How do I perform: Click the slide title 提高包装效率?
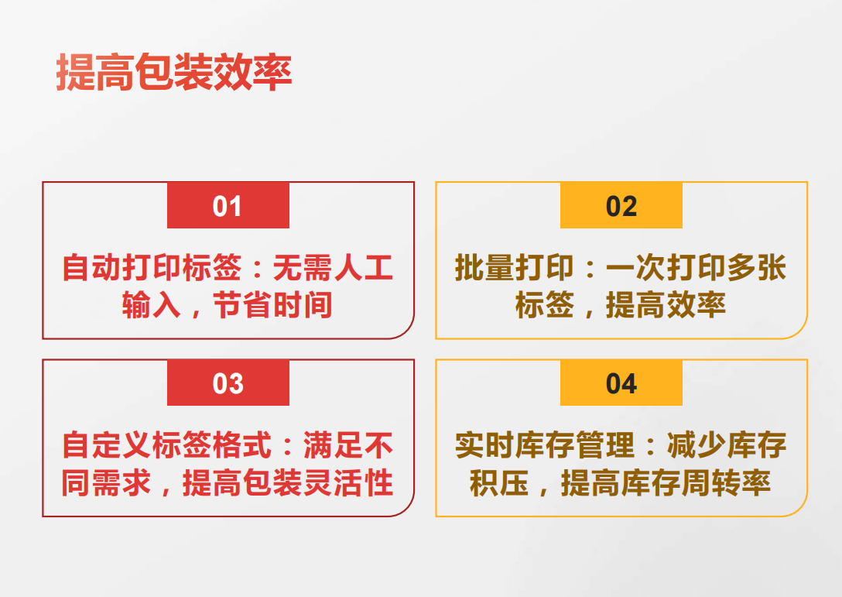[174, 72]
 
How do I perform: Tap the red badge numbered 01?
[228, 205]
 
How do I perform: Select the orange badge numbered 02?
[621, 205]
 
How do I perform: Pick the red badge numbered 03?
[228, 383]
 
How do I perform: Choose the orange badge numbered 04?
[621, 383]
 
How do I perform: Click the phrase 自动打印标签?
[152, 268]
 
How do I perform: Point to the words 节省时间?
[272, 305]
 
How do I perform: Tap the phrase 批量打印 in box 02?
[515, 268]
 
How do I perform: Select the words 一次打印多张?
[697, 268]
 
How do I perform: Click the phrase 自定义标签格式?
[167, 445]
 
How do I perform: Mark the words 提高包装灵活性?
[288, 482]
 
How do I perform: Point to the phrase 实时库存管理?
[545, 445]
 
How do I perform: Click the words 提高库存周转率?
[666, 482]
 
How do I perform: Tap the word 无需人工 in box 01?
[334, 268]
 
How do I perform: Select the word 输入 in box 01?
[152, 305]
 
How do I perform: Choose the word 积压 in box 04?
[499, 482]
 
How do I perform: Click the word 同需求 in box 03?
[106, 482]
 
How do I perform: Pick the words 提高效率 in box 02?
[666, 305]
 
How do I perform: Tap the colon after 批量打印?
[590, 269]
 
